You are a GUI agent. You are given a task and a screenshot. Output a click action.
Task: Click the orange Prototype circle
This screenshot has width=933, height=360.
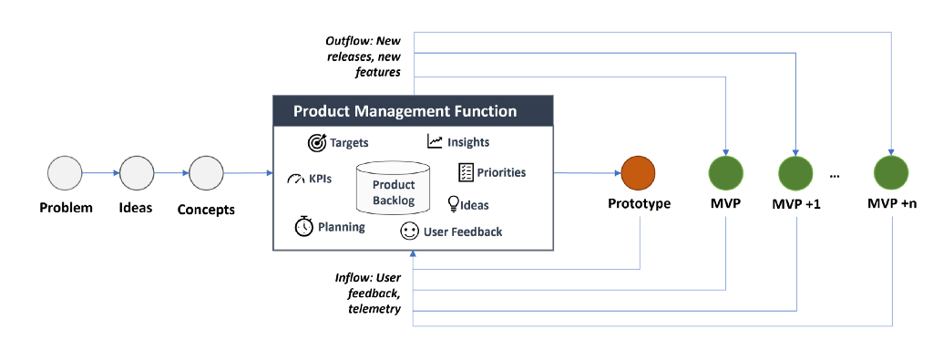[638, 173]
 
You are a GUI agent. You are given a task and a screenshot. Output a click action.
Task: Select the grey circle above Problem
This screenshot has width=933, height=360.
[65, 173]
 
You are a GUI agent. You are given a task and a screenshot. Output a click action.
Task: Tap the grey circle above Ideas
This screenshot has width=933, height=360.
[137, 173]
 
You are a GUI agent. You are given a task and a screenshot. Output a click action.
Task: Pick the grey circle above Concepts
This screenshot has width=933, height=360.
[207, 173]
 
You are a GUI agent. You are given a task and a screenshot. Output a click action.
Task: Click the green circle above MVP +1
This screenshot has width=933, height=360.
[796, 173]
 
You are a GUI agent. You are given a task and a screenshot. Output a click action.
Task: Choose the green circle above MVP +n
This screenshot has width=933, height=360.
[891, 173]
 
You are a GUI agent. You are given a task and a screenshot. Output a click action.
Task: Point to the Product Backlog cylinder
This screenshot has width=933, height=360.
[393, 188]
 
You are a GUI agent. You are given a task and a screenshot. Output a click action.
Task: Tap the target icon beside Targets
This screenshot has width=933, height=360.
[317, 143]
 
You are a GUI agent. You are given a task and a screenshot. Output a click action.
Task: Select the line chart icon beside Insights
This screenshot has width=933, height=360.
[435, 141]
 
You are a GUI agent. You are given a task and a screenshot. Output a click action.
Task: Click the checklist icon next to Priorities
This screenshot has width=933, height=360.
[466, 172]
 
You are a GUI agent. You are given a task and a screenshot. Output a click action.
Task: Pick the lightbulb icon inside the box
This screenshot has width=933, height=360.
[454, 204]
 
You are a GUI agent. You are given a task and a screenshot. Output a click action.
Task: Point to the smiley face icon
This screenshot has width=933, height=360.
[409, 231]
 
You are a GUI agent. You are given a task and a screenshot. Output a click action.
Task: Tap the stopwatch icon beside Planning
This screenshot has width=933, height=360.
[304, 226]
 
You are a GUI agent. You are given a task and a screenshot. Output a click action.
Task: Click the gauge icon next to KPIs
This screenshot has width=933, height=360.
[296, 179]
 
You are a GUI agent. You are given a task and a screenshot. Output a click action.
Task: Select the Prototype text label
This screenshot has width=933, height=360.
[639, 203]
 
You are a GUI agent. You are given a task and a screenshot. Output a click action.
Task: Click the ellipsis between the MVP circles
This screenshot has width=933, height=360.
[835, 176]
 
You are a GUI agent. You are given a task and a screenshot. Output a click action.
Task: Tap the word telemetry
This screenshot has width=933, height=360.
[374, 309]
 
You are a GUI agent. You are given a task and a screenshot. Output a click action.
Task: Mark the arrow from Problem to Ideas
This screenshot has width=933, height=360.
[101, 173]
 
